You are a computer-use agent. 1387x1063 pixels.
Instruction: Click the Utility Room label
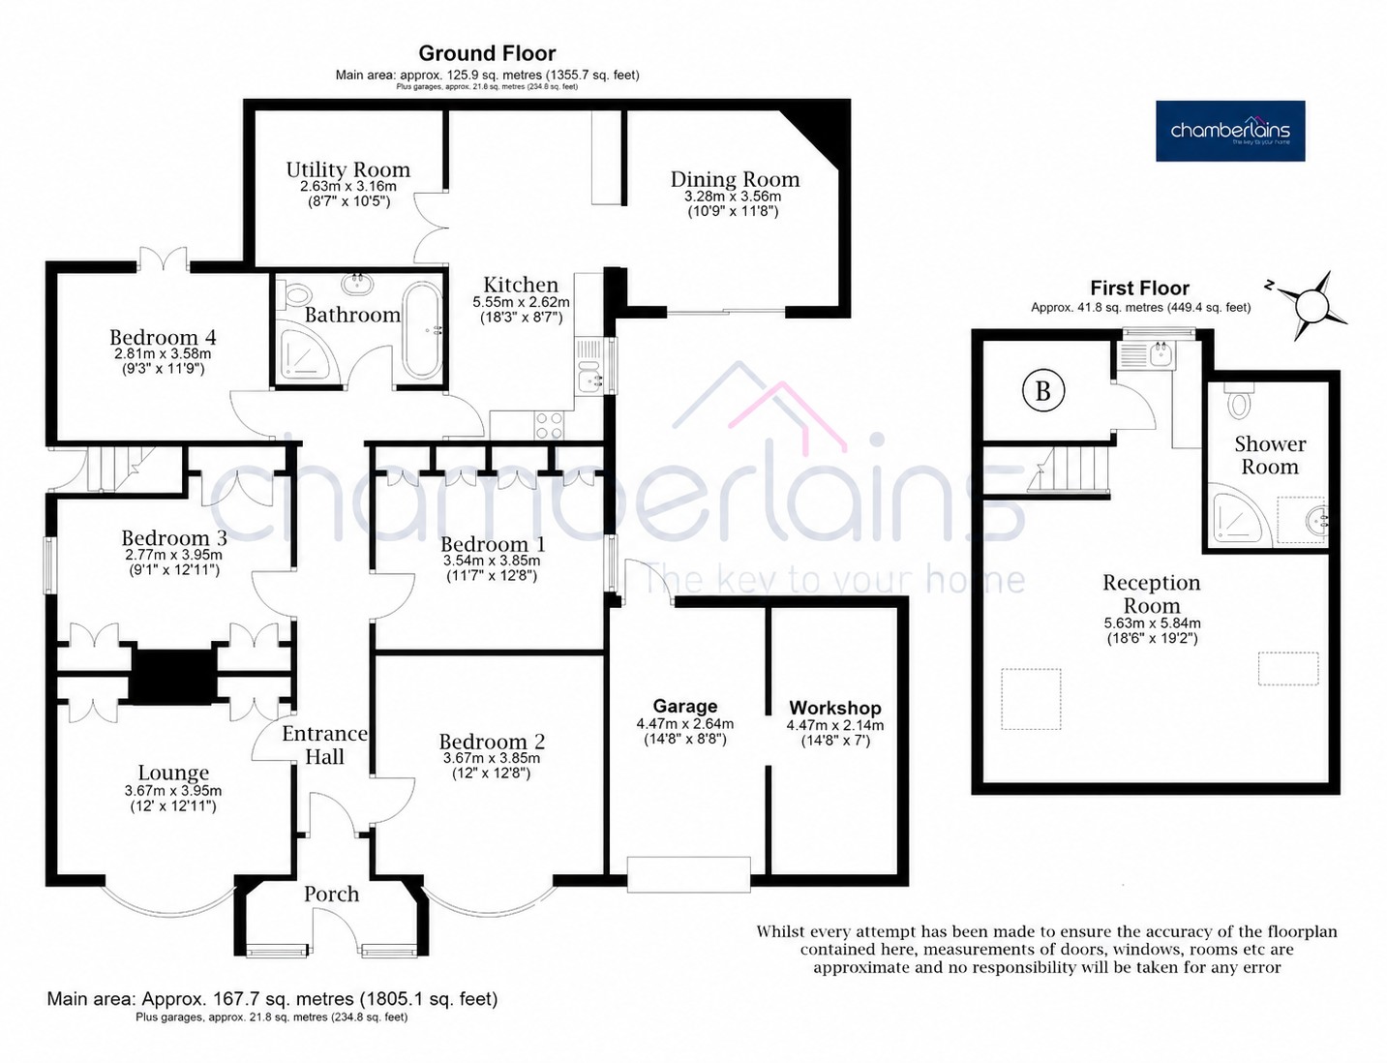(347, 169)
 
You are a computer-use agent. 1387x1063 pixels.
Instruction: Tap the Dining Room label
(735, 179)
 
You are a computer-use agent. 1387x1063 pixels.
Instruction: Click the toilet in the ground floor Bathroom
(295, 295)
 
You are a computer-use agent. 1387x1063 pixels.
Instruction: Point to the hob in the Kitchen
(550, 425)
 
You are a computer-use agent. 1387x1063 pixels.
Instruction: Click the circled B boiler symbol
(1042, 391)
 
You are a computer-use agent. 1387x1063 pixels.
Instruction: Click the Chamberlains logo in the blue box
(1230, 131)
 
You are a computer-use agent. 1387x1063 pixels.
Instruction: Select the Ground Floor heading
(487, 53)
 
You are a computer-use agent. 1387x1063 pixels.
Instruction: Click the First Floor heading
(1140, 288)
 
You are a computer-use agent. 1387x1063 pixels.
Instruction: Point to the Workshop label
(835, 708)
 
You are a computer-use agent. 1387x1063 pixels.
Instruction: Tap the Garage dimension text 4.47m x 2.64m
(685, 724)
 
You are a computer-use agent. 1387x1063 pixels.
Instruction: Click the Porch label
(331, 894)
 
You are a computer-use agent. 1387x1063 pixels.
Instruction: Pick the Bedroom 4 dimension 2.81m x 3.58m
(164, 353)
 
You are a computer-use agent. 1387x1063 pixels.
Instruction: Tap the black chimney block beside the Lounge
(172, 676)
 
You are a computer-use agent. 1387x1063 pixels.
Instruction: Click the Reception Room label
(1152, 593)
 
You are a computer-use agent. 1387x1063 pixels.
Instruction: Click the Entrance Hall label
(325, 745)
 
